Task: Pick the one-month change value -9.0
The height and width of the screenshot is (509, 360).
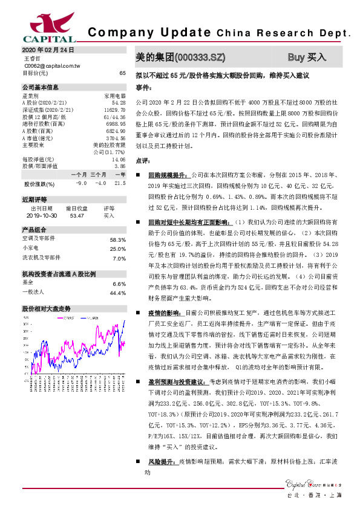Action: coord(81,183)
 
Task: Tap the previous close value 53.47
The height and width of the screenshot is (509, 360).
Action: coord(77,215)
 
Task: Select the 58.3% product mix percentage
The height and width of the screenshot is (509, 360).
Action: coord(117,239)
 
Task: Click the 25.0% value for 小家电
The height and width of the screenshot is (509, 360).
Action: coord(117,248)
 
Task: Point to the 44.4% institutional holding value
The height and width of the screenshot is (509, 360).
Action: coord(117,293)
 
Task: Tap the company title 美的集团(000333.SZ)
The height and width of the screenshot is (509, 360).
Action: coord(181,57)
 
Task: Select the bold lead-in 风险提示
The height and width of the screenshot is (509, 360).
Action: coord(161,461)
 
